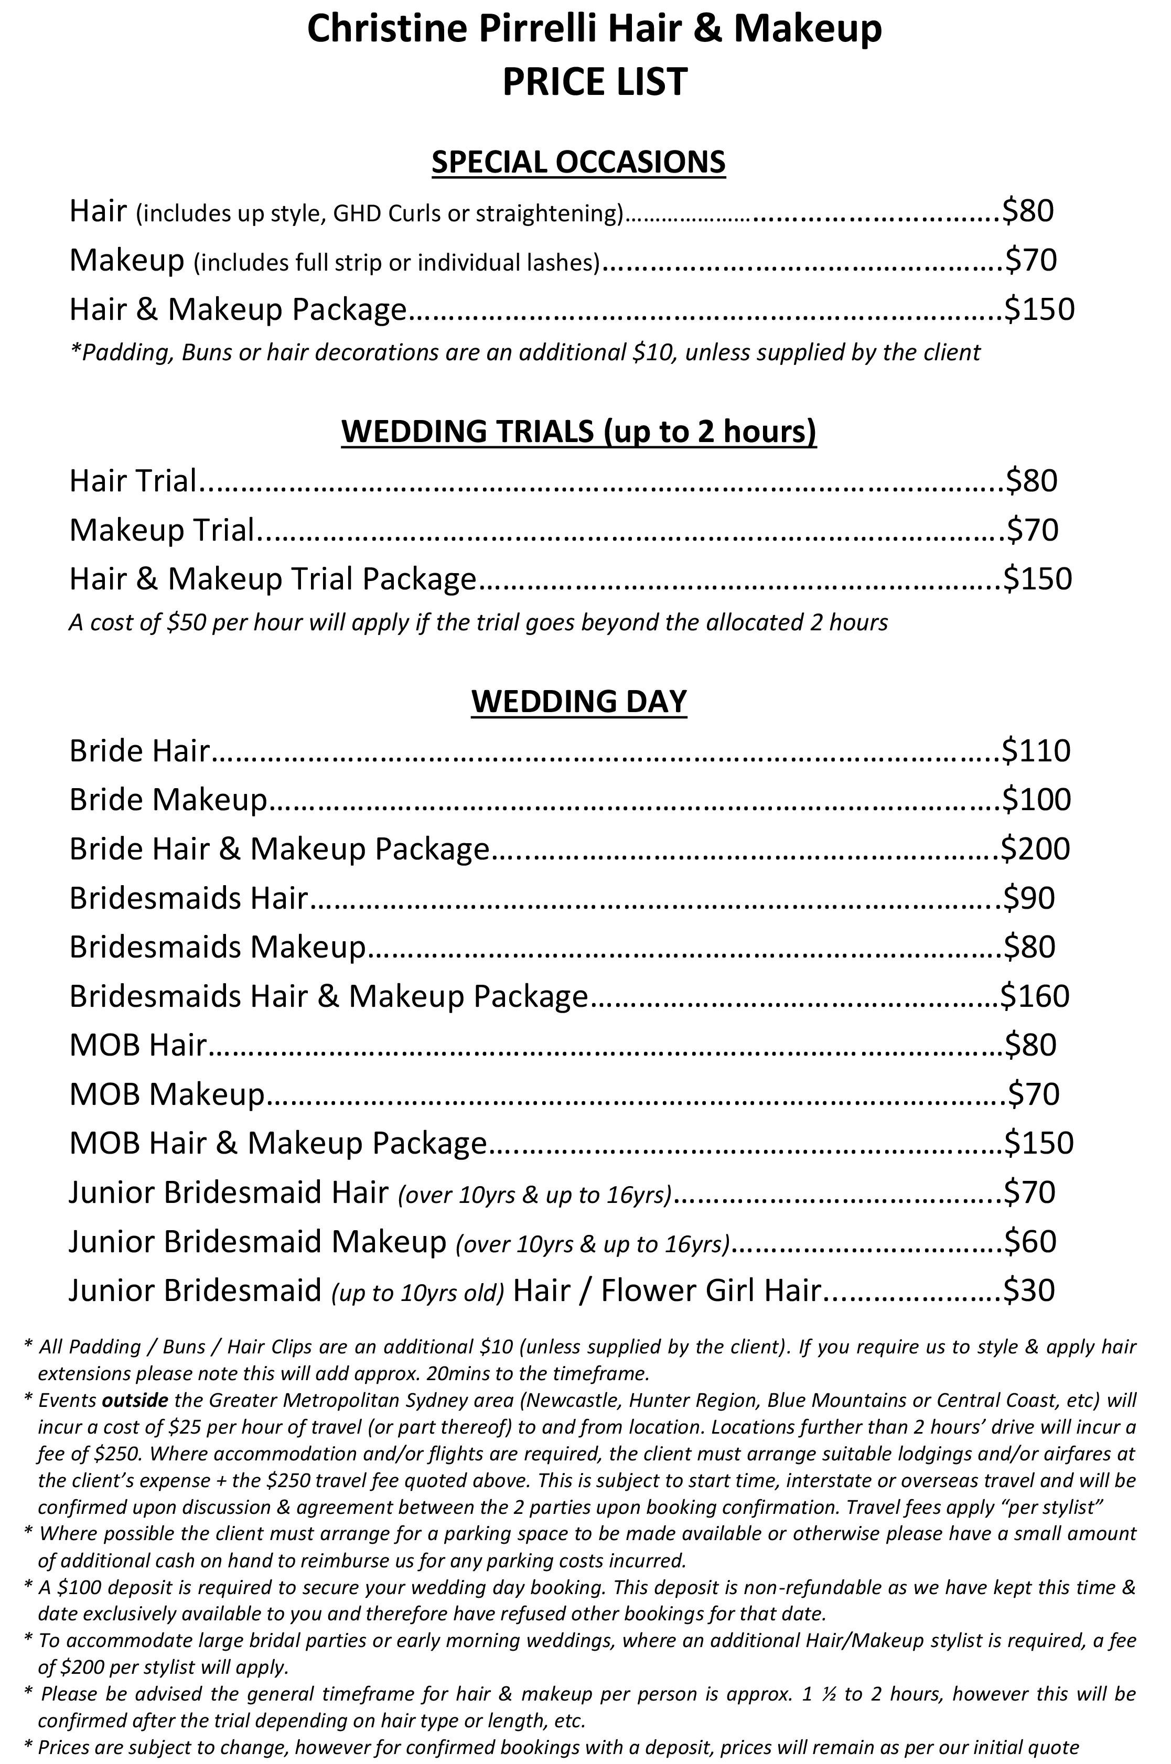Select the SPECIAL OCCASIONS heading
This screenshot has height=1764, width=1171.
coord(579,162)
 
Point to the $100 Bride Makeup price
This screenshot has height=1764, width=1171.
coord(1037,800)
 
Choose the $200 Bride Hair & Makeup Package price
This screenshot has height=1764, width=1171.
coord(1035,848)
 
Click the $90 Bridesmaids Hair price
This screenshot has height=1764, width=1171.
coord(1028,898)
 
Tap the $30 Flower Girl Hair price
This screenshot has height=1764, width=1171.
coord(1028,1290)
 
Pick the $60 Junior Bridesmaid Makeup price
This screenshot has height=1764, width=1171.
coord(1029,1241)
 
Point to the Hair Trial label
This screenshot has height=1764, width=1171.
coord(132,481)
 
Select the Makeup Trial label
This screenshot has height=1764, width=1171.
coord(162,530)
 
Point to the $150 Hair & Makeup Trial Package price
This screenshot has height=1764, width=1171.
coord(1037,579)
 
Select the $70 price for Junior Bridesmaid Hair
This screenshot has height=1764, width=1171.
coord(1029,1192)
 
